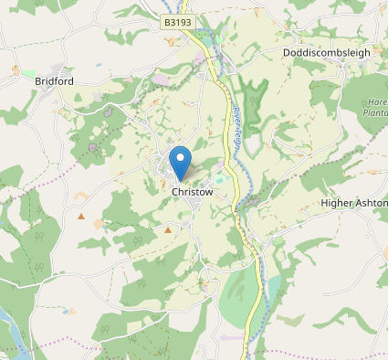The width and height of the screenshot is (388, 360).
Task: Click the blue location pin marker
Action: coord(181,161)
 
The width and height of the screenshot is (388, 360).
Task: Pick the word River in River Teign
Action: coord(234,114)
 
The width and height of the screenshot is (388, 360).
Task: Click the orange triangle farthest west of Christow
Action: coord(80,217)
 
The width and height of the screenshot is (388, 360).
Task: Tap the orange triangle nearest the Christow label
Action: coord(167,230)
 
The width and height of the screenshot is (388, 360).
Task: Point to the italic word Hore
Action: coord(376,103)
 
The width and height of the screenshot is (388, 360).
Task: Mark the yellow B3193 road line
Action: coord(222,101)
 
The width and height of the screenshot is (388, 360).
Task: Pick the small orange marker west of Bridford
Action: coord(16,69)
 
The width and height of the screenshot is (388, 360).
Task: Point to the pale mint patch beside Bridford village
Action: coord(29,73)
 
